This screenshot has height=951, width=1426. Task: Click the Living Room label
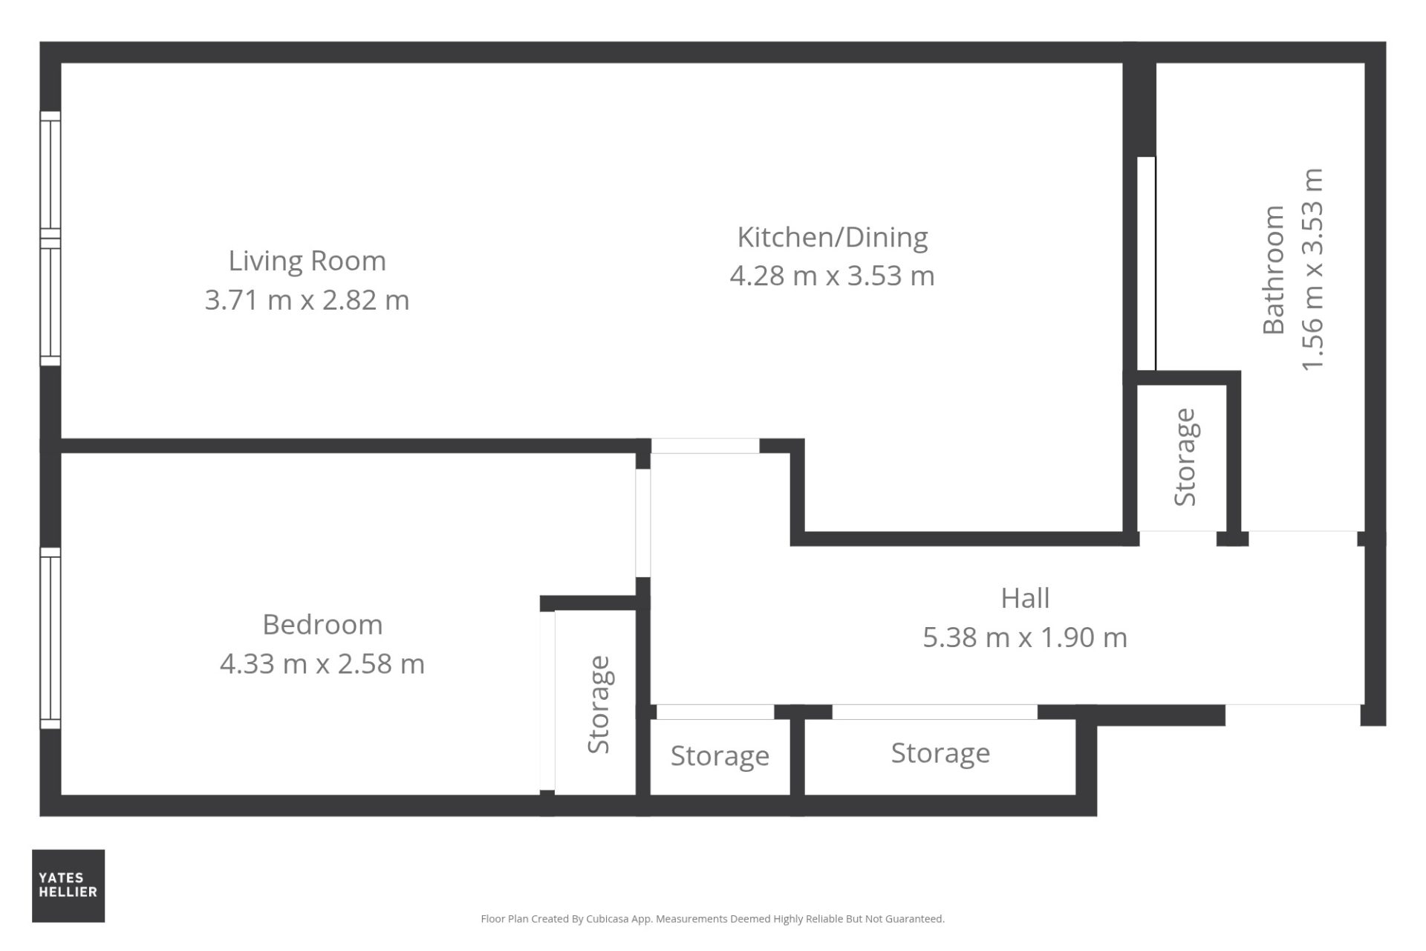307,261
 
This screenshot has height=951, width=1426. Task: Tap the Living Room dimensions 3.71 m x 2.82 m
307,300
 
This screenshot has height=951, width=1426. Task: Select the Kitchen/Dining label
832,238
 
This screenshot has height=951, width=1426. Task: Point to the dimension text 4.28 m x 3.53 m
832,276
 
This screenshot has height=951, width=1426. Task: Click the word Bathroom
1273,270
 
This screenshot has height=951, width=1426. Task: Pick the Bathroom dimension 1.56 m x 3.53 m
1312,270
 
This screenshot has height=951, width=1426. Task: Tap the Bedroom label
322,624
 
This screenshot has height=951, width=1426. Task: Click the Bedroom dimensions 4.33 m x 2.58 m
322,663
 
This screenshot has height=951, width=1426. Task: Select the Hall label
1025,598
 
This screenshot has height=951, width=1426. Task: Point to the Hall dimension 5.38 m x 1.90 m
1025,637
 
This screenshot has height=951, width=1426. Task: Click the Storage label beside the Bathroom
1185,458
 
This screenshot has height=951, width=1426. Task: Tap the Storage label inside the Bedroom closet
598,704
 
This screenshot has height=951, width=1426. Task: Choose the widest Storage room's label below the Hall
940,753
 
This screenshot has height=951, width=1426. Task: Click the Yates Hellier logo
68,886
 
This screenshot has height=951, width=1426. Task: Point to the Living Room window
50,238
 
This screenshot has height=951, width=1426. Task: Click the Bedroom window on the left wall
50,638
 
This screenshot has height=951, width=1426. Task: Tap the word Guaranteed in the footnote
913,919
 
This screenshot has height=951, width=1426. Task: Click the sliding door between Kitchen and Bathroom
1147,264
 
